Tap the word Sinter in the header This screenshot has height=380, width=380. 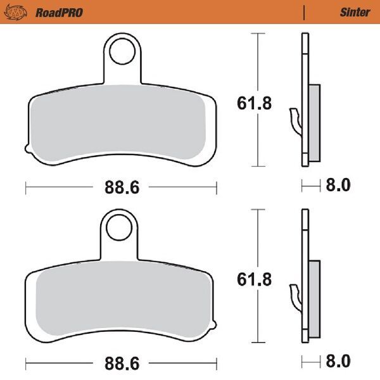pyautogui.click(x=355, y=12)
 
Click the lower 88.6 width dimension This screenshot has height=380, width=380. pyautogui.click(x=122, y=364)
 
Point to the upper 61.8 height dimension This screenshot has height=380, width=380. pyautogui.click(x=254, y=103)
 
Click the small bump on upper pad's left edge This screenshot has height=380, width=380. pyautogui.click(x=27, y=149)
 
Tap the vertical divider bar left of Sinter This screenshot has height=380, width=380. pyautogui.click(x=306, y=12)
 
